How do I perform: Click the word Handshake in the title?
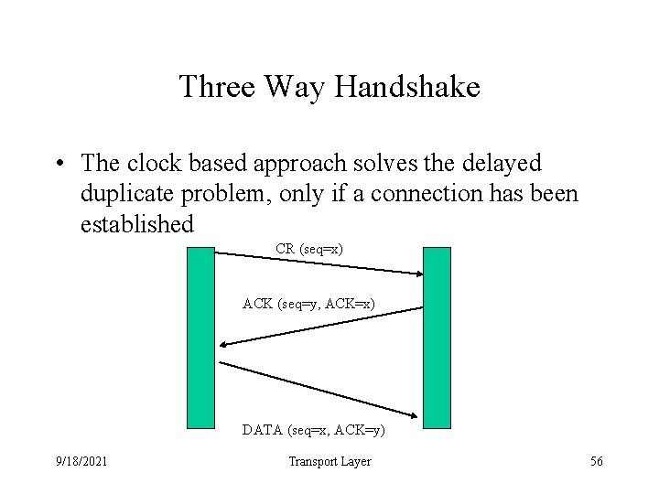click(x=408, y=88)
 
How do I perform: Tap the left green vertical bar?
click(x=200, y=338)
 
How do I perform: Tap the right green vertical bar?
click(x=437, y=338)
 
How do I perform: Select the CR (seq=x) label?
click(x=309, y=248)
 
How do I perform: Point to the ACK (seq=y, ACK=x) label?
click(x=308, y=303)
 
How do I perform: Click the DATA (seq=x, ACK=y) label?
click(x=313, y=429)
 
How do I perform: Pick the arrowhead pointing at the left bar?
click(x=225, y=344)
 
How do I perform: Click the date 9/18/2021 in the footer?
click(x=81, y=462)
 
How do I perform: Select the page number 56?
click(x=596, y=462)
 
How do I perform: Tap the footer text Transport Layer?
click(x=329, y=462)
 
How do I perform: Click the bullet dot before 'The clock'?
click(x=59, y=165)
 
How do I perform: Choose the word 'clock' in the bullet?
click(x=150, y=164)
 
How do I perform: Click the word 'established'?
click(x=137, y=224)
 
